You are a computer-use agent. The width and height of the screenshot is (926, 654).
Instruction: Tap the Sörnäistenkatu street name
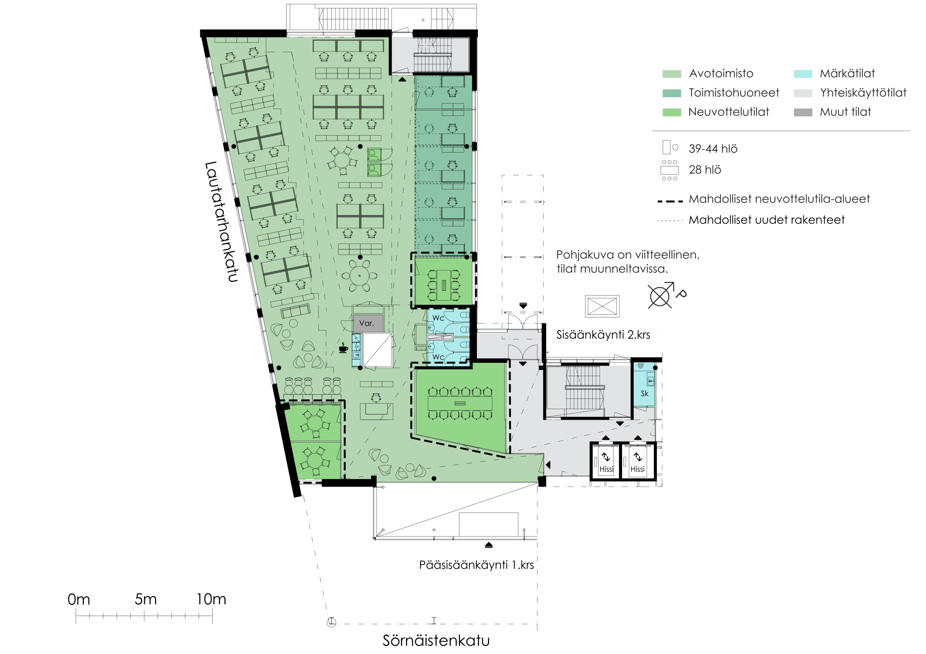point(436,641)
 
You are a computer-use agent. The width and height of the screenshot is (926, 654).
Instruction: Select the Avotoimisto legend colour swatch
point(672,74)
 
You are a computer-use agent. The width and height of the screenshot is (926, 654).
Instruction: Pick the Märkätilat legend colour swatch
point(803,74)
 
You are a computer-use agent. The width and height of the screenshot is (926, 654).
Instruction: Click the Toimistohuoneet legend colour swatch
point(672,93)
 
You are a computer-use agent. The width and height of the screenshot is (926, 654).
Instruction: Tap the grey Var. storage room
point(368,323)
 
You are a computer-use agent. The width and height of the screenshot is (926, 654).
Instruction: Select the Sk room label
point(644,393)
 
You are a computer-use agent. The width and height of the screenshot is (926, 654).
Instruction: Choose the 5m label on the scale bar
point(146,600)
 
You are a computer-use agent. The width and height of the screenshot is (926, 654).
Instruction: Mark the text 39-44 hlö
point(713,149)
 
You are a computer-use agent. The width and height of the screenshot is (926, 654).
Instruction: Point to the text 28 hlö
point(705,170)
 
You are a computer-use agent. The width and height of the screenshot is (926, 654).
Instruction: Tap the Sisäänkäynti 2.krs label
point(603,335)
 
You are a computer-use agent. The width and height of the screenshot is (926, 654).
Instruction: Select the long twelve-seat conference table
point(460,403)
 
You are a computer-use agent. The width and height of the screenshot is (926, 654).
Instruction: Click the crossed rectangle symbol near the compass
point(602,306)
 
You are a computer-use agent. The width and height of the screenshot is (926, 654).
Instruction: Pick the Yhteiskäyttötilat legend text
point(863,93)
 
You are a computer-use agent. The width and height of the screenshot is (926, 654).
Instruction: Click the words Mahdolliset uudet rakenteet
point(766,220)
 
